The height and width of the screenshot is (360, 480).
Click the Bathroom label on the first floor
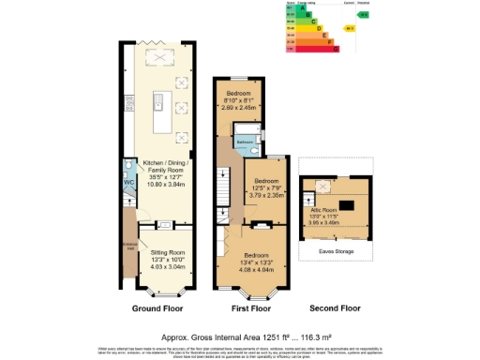coord(245,142)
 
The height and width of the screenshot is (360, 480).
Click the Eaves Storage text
coord(335,251)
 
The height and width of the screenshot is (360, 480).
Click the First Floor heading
coord(251,307)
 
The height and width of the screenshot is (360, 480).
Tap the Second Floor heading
coord(335,307)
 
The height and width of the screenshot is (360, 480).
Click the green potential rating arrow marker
coord(364,15)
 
